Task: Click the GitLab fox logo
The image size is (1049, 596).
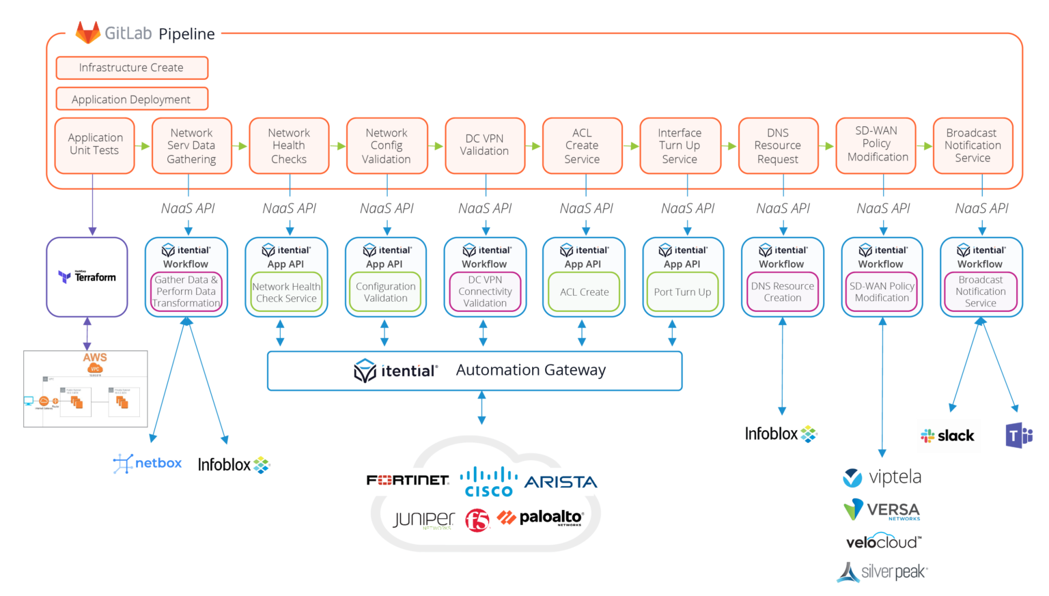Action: click(x=87, y=32)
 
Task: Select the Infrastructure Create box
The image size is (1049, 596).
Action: click(x=132, y=68)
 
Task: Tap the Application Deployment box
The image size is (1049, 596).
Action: click(x=132, y=99)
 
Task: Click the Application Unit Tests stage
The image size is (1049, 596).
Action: click(x=94, y=145)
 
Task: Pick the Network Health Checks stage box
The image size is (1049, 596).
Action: click(x=289, y=145)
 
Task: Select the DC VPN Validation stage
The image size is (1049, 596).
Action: click(x=484, y=145)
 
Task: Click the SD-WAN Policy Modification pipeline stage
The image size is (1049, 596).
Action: click(x=877, y=144)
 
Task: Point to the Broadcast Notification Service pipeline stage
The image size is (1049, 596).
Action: click(x=973, y=145)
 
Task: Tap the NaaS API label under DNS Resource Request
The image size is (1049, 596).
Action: click(x=783, y=208)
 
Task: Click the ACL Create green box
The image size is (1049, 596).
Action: click(x=584, y=292)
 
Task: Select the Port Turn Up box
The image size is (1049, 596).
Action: click(x=682, y=292)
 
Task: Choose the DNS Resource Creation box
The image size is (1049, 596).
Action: click(x=783, y=292)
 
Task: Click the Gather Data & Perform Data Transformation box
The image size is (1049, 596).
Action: click(x=186, y=292)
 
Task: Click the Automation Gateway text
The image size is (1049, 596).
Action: click(x=530, y=370)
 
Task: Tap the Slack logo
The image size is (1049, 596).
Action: click(x=948, y=436)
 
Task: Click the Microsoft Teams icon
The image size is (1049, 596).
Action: click(x=1018, y=436)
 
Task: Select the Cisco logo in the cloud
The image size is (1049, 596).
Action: click(x=488, y=481)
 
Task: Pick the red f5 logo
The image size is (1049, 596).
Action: click(x=478, y=520)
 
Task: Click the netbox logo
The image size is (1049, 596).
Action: click(x=148, y=464)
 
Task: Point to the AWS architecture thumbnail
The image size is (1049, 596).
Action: click(x=85, y=388)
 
